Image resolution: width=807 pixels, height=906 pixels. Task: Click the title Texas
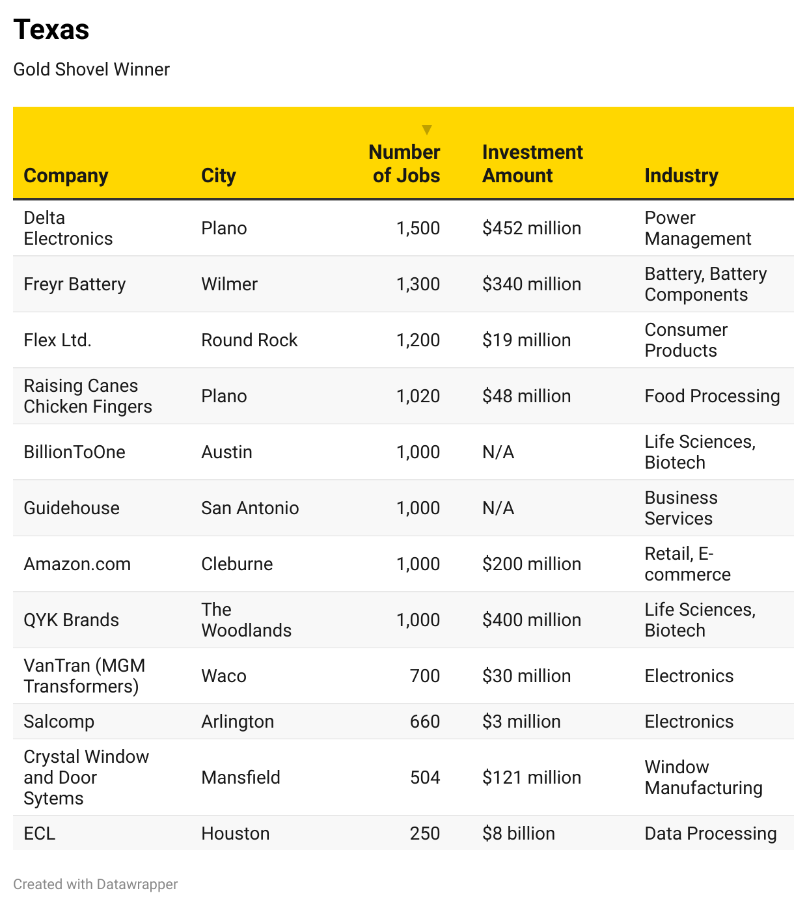pos(51,30)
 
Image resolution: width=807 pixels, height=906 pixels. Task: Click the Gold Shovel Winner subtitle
pos(91,69)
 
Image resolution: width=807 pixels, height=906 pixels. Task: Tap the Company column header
pos(66,176)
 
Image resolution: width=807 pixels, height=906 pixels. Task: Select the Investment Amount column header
pos(532,164)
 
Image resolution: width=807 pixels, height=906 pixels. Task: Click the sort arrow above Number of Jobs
pos(427,130)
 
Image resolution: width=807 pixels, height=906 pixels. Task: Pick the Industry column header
pos(681,176)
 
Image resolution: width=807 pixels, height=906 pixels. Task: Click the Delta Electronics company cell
pos(68,228)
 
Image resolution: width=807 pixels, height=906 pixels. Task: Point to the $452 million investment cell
pos(531,228)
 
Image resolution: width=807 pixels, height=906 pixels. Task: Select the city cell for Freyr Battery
pos(229,284)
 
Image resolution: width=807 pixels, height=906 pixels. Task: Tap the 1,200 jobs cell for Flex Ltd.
pos(418,340)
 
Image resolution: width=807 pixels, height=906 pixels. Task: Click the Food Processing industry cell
pos(711,396)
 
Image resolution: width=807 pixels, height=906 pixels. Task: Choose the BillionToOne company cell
pos(74,452)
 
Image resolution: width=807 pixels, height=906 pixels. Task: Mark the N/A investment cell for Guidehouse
pos(498,508)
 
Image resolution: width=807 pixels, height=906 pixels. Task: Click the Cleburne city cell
pos(237,564)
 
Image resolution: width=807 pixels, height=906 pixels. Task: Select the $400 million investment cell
pos(531,620)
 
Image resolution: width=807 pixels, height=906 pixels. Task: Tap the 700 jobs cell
pos(424,676)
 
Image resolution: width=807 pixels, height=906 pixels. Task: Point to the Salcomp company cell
pos(59,722)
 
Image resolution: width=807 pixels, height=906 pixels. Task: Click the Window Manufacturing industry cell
pos(703,778)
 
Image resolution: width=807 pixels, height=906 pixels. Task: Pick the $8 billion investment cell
pos(518,834)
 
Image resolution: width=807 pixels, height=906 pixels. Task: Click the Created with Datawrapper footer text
pos(95,885)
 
